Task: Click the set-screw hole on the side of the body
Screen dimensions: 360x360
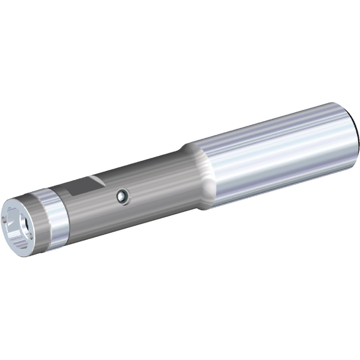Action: (x=122, y=195)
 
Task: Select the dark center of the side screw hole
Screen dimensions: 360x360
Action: (x=122, y=195)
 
